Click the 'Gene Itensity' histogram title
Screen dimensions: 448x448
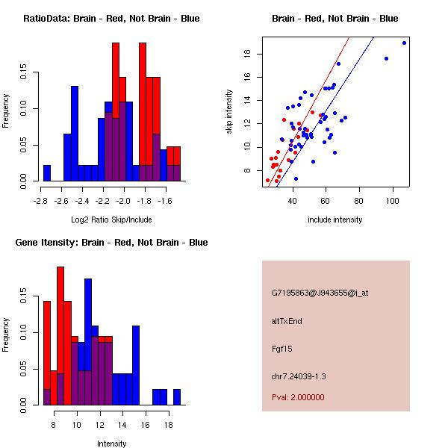point(111,243)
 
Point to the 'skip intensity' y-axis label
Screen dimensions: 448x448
point(230,112)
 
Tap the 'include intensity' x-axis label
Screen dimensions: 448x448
point(335,220)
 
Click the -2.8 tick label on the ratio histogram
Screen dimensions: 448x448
point(40,201)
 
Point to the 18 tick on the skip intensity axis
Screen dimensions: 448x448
point(245,54)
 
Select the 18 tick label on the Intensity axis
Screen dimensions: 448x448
point(168,425)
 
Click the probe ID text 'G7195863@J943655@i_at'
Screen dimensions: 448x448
point(320,293)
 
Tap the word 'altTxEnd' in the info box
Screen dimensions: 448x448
point(287,321)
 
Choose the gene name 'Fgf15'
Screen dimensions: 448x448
point(282,348)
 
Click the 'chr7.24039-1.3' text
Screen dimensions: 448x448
point(299,376)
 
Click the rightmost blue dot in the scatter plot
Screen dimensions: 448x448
point(404,43)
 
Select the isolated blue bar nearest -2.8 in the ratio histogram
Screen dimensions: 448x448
point(47,173)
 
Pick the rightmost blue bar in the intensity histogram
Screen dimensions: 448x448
point(177,396)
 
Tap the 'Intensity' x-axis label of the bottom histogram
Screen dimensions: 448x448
point(111,444)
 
